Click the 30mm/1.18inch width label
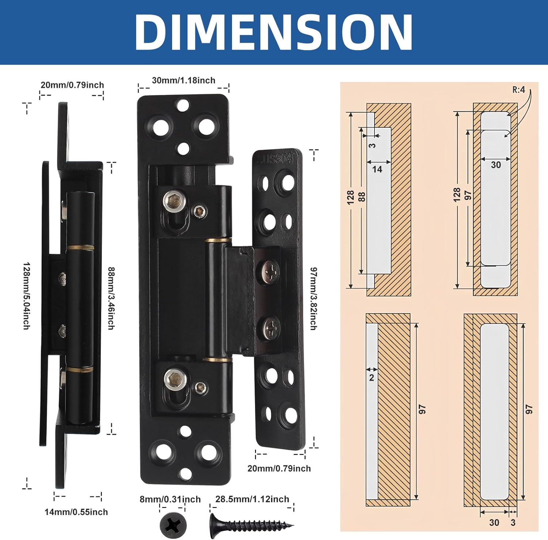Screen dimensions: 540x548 tap(183, 80)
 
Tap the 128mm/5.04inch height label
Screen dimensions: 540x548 tap(26, 296)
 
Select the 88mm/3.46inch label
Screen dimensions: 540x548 tap(111, 298)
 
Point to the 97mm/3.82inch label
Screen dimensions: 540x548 tap(313, 298)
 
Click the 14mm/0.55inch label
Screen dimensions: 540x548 tap(76, 512)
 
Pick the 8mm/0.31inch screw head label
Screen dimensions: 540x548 tap(170, 499)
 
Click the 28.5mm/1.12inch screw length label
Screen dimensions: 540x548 tap(252, 499)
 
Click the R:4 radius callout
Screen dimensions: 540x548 tap(518, 89)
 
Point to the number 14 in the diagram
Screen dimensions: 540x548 tap(377, 169)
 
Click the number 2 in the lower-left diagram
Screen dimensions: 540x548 tap(372, 378)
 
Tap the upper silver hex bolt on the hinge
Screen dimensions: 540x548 tap(171, 201)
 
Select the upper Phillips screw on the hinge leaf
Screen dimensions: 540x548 tap(270, 272)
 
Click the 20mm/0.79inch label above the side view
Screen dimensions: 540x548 tap(72, 85)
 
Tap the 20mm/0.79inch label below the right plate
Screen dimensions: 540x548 tap(279, 468)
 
